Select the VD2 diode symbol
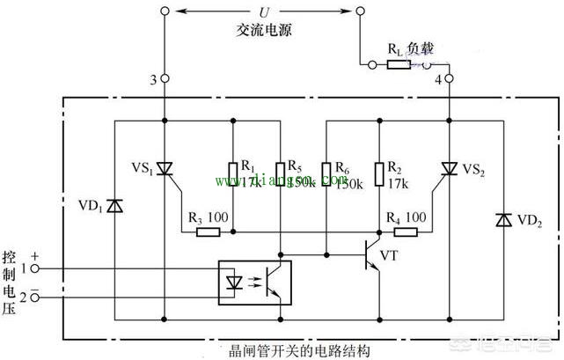tap(502, 218)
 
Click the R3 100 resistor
tap(208, 233)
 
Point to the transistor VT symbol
tap(373, 255)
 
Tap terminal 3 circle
tap(165, 79)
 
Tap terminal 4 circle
tap(449, 79)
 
